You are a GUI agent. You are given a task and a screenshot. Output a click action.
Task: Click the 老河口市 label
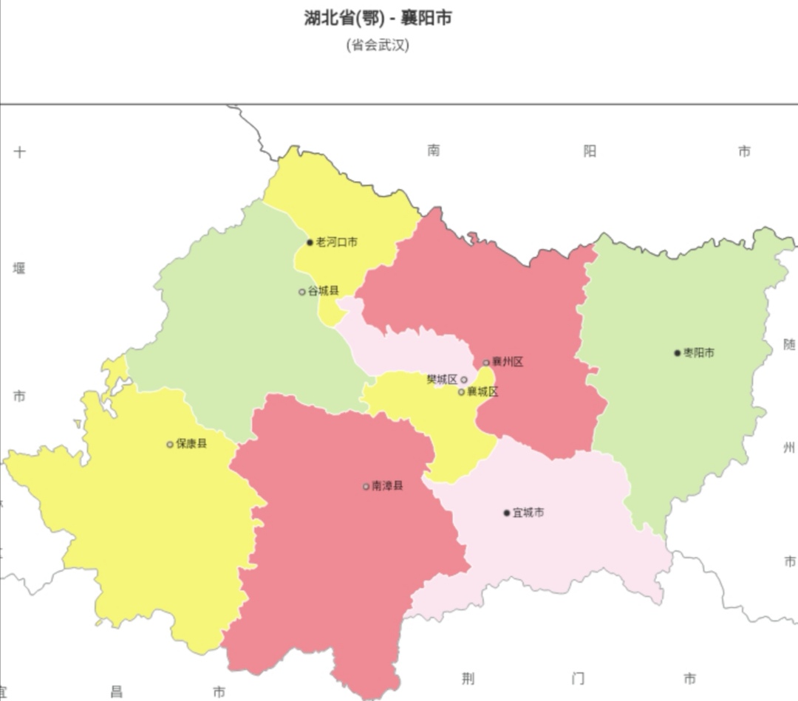pos(337,242)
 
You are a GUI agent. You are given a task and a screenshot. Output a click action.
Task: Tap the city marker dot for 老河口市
pos(310,242)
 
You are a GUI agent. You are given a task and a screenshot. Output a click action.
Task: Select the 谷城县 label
pos(324,291)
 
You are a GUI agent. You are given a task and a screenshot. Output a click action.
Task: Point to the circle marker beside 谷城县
pos(302,292)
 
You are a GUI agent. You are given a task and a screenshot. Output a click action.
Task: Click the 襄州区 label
pos(508,362)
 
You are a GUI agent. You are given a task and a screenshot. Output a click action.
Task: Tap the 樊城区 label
pos(442,380)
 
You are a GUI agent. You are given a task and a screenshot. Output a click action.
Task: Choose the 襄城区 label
pos(482,391)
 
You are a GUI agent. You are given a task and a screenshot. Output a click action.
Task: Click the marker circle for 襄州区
pos(486,363)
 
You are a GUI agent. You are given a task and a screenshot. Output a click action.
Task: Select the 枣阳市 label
pos(699,353)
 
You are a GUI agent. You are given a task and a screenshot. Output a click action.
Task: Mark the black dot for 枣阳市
pos(677,353)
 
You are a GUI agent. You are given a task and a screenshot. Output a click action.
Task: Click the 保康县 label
pos(191,444)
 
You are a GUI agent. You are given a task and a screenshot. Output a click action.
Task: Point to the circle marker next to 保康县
pos(170,445)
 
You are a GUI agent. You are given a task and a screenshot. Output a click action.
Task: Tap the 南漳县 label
pos(387,486)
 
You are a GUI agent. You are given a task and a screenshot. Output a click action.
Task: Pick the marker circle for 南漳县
pos(366,487)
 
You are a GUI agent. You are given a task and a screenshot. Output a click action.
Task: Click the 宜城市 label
pos(528,513)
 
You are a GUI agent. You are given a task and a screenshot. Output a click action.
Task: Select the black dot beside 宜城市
pos(507,513)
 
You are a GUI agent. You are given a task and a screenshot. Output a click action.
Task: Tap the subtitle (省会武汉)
pos(378,45)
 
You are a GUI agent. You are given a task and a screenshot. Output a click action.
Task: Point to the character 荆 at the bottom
pos(468,679)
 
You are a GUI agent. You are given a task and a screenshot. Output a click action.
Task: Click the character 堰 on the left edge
pos(19,268)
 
